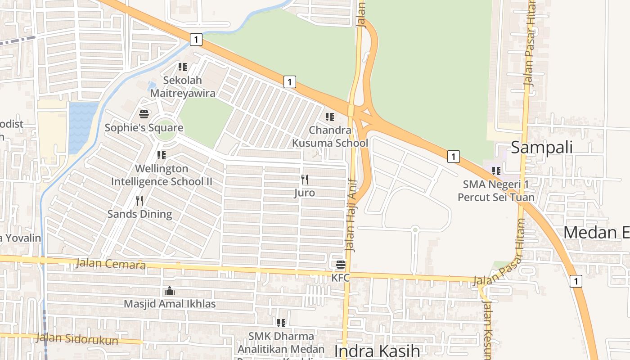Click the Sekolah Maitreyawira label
[183, 87]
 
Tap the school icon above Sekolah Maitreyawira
[182, 67]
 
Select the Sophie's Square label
[144, 128]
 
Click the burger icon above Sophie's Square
[144, 114]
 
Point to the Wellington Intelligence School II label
[162, 175]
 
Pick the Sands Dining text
[139, 214]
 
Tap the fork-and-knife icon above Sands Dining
[139, 201]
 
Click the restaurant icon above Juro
[305, 180]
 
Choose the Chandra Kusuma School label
[330, 136]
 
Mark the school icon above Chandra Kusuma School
[330, 117]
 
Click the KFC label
[341, 278]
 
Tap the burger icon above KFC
[341, 264]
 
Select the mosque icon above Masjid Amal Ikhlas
[170, 291]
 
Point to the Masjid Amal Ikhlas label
[170, 304]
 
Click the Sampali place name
[542, 147]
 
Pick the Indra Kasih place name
[377, 351]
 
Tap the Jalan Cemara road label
[111, 264]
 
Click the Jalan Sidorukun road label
[77, 338]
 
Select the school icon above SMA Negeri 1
[496, 171]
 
